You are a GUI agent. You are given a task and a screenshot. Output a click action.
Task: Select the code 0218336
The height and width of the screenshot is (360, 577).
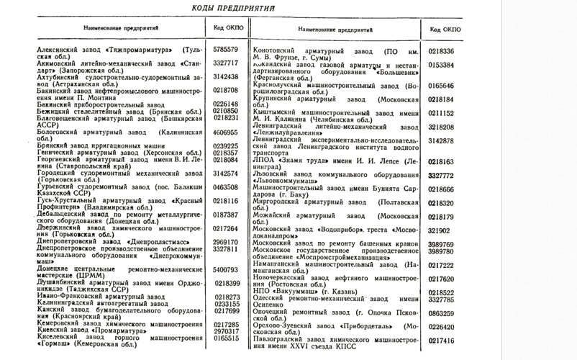click(441, 51)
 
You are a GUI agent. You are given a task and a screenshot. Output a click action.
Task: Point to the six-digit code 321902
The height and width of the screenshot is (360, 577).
click(440, 230)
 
